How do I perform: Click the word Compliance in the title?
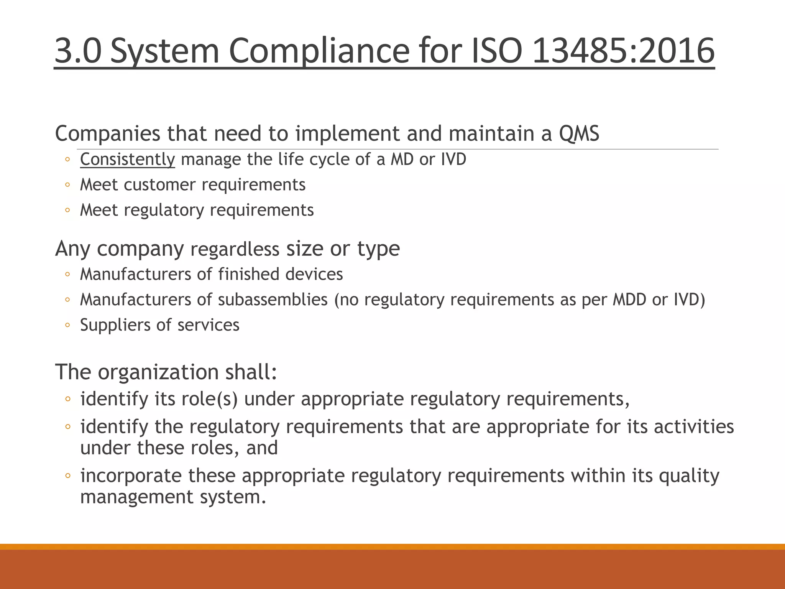point(319,51)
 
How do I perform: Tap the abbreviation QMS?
point(579,133)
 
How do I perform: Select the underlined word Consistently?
point(127,160)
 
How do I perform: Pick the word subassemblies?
point(273,299)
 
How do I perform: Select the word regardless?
point(235,249)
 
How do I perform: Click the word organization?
point(158,372)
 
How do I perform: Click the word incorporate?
point(131,476)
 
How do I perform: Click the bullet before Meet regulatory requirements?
point(67,210)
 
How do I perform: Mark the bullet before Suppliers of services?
point(67,325)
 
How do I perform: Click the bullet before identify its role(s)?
point(68,399)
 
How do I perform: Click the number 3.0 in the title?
point(78,51)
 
